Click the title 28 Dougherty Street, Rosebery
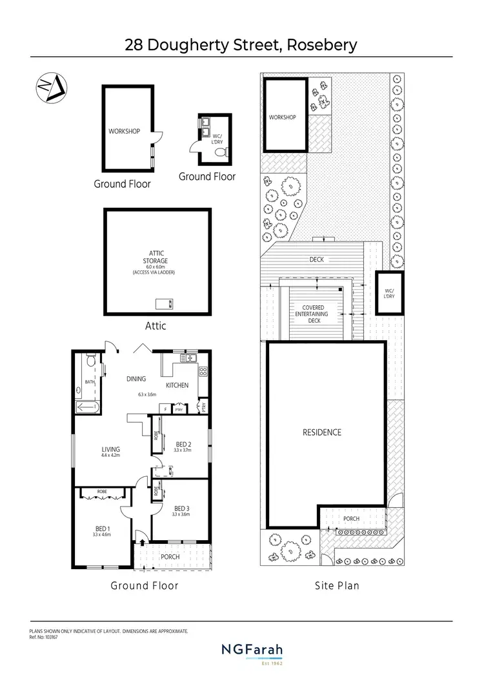[241, 45]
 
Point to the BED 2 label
[184, 444]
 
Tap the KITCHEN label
[177, 385]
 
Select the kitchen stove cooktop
[202, 371]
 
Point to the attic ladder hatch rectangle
[165, 303]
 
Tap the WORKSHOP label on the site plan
[283, 117]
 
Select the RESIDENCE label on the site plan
[322, 432]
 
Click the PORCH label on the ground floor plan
[170, 557]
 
